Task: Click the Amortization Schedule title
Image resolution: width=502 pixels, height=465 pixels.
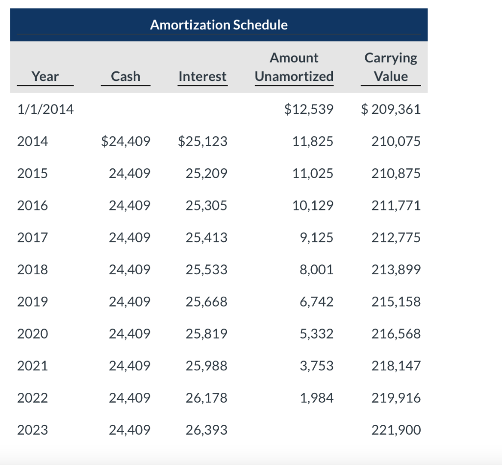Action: pos(219,25)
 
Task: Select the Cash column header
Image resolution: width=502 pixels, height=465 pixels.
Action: pos(125,77)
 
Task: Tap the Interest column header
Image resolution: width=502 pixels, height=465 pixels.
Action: pos(202,77)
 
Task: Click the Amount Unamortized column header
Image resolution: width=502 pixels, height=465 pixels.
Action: pos(294,67)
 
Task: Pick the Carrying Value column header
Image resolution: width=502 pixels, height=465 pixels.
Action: pos(390,67)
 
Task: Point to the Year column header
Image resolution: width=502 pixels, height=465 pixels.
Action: pos(45,77)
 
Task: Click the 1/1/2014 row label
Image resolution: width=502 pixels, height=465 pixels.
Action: pos(45,109)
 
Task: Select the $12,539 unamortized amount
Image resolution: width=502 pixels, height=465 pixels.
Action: pos(308,109)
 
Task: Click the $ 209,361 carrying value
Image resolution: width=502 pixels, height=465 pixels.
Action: pos(390,109)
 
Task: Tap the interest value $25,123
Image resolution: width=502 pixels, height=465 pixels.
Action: pos(202,142)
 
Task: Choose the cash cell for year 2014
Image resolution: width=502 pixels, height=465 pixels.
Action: pos(125,142)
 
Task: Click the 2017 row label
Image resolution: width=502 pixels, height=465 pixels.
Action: pos(32,238)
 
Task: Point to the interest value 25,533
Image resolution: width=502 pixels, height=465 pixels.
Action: pos(206,270)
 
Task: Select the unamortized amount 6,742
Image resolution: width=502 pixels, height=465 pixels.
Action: pos(316,302)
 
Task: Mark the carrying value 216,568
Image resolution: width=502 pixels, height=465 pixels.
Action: pos(397,334)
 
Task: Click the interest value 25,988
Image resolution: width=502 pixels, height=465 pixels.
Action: pos(206,366)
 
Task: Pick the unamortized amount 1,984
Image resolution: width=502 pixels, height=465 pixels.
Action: pos(316,398)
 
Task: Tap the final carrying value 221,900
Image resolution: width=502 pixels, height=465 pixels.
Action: pos(397,430)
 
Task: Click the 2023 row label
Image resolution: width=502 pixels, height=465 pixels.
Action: pos(32,430)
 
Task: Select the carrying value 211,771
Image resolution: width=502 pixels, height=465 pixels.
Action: pos(397,206)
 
